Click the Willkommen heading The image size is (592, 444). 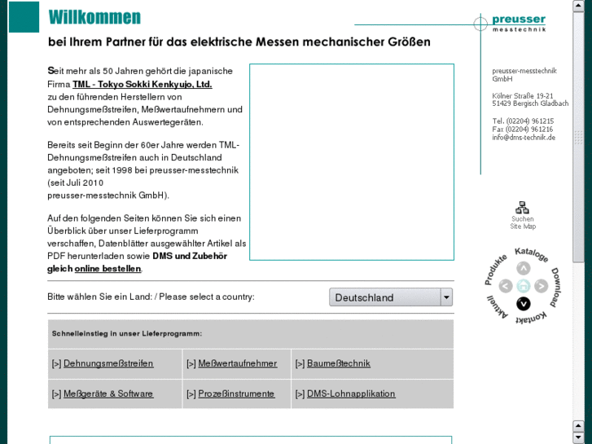point(94,17)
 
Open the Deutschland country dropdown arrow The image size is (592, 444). point(446,297)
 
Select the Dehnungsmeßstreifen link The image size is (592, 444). point(108,363)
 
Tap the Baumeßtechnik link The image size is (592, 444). point(339,363)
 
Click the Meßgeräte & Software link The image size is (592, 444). point(108,393)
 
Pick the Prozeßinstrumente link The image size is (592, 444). point(237,393)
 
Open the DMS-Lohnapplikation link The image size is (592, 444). point(351,393)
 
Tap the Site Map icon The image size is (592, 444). point(523,209)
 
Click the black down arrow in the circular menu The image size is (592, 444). point(524,304)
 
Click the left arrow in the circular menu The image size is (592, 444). point(506,286)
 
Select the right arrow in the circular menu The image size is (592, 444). point(542,286)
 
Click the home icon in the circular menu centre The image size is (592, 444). point(524,286)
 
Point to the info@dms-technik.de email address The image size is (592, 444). point(524,138)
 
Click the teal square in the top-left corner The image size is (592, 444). point(24,16)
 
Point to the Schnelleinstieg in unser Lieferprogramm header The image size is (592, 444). point(127,333)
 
